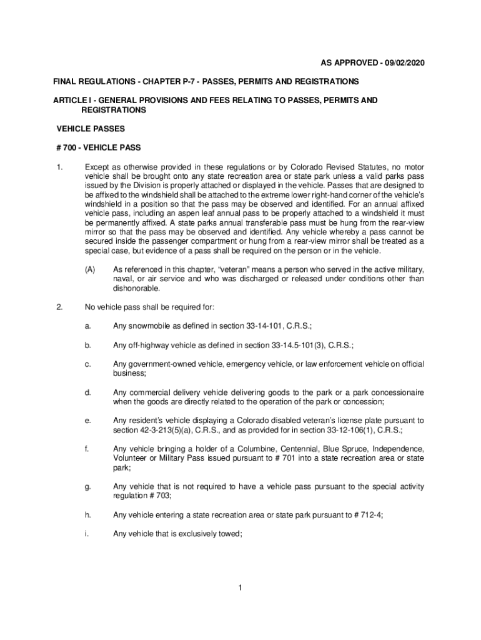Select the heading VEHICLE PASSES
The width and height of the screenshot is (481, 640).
pos(91,129)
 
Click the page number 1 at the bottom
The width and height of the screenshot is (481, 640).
pos(240,587)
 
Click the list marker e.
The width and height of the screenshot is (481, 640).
pos(88,420)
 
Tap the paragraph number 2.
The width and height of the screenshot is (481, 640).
pos(58,307)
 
